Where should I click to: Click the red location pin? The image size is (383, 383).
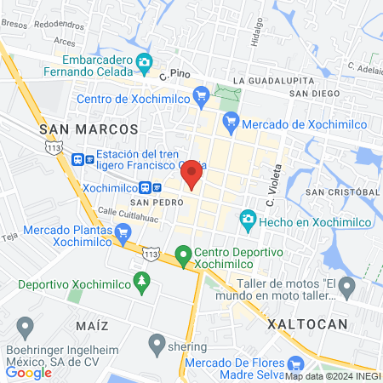191,173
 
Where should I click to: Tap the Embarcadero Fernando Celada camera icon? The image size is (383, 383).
144,61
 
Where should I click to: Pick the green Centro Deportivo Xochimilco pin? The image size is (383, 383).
183,253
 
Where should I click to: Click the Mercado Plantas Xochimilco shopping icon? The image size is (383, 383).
120,231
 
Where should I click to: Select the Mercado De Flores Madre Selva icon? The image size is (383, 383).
295,363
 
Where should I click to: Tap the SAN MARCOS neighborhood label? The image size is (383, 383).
89,129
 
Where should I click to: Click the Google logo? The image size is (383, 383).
28,372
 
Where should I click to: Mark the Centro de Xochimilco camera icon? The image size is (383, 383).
202,98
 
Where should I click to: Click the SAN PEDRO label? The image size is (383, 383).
151,203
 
